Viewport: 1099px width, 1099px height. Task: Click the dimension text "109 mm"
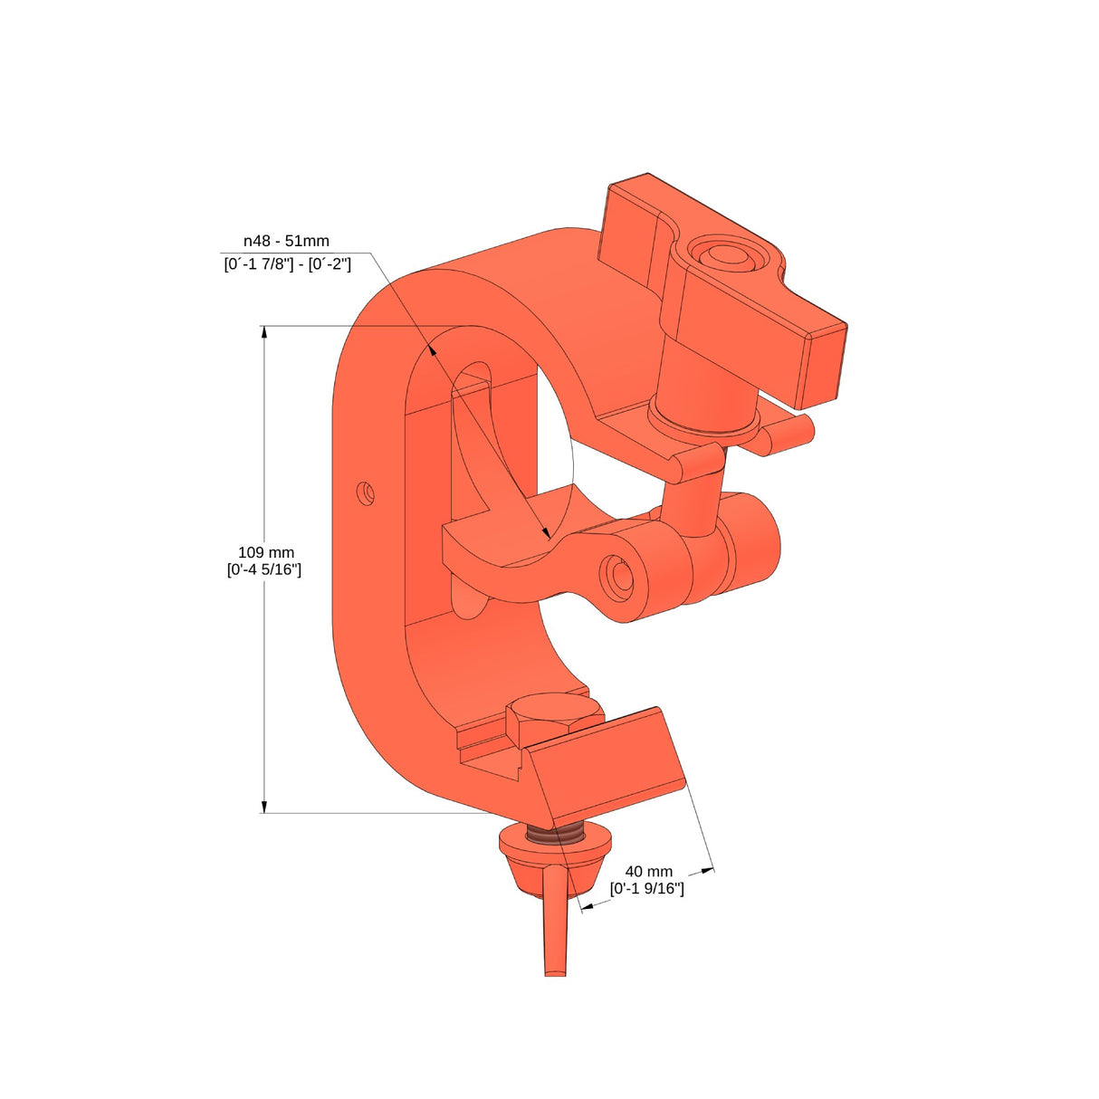(265, 552)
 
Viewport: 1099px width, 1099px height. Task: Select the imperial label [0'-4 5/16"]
(264, 569)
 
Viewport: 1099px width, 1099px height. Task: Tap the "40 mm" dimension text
(648, 871)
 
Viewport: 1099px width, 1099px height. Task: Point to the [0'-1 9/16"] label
(646, 888)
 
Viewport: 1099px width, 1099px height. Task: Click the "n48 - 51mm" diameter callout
(286, 241)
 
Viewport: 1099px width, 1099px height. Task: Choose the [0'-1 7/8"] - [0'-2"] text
(287, 263)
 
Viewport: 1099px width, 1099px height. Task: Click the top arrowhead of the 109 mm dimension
(264, 332)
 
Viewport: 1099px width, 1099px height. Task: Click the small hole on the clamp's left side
(366, 493)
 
